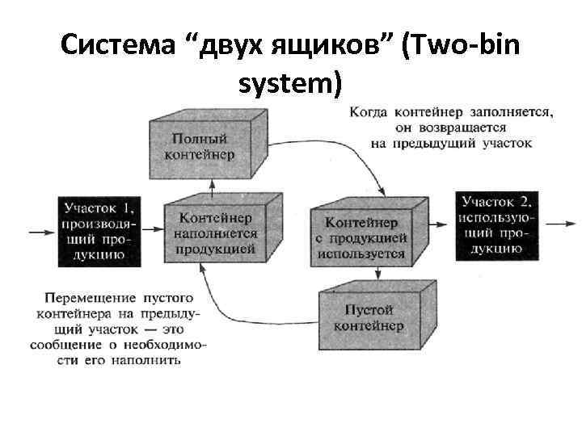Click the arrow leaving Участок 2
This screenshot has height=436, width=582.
point(557,221)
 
